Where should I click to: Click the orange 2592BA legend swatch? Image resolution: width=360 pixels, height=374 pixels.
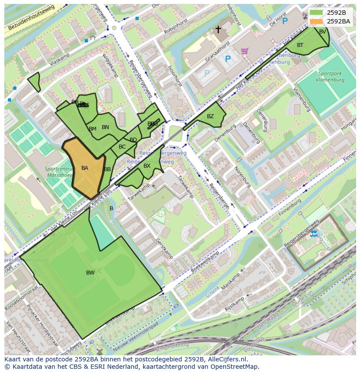point(317,21)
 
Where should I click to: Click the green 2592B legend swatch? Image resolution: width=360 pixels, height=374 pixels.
point(317,13)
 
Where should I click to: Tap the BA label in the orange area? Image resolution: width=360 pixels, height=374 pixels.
point(85,168)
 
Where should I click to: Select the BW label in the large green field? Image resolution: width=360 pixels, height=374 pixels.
point(90,273)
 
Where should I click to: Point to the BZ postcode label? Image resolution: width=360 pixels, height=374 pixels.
point(210,116)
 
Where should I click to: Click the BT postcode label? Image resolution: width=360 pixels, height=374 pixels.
point(300,45)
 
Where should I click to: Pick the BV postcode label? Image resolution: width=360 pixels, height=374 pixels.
point(323,32)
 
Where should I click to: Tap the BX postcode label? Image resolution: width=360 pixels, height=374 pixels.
point(147,166)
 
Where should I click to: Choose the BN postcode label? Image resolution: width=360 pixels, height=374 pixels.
point(105,127)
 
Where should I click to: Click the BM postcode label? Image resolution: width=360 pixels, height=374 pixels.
point(93,129)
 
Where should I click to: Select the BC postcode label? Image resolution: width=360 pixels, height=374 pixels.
point(122,147)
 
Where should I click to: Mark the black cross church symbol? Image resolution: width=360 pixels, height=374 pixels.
point(218,30)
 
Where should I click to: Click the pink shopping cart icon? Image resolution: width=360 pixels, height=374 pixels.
point(245,51)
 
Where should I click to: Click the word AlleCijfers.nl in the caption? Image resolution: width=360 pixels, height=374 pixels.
point(227,360)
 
